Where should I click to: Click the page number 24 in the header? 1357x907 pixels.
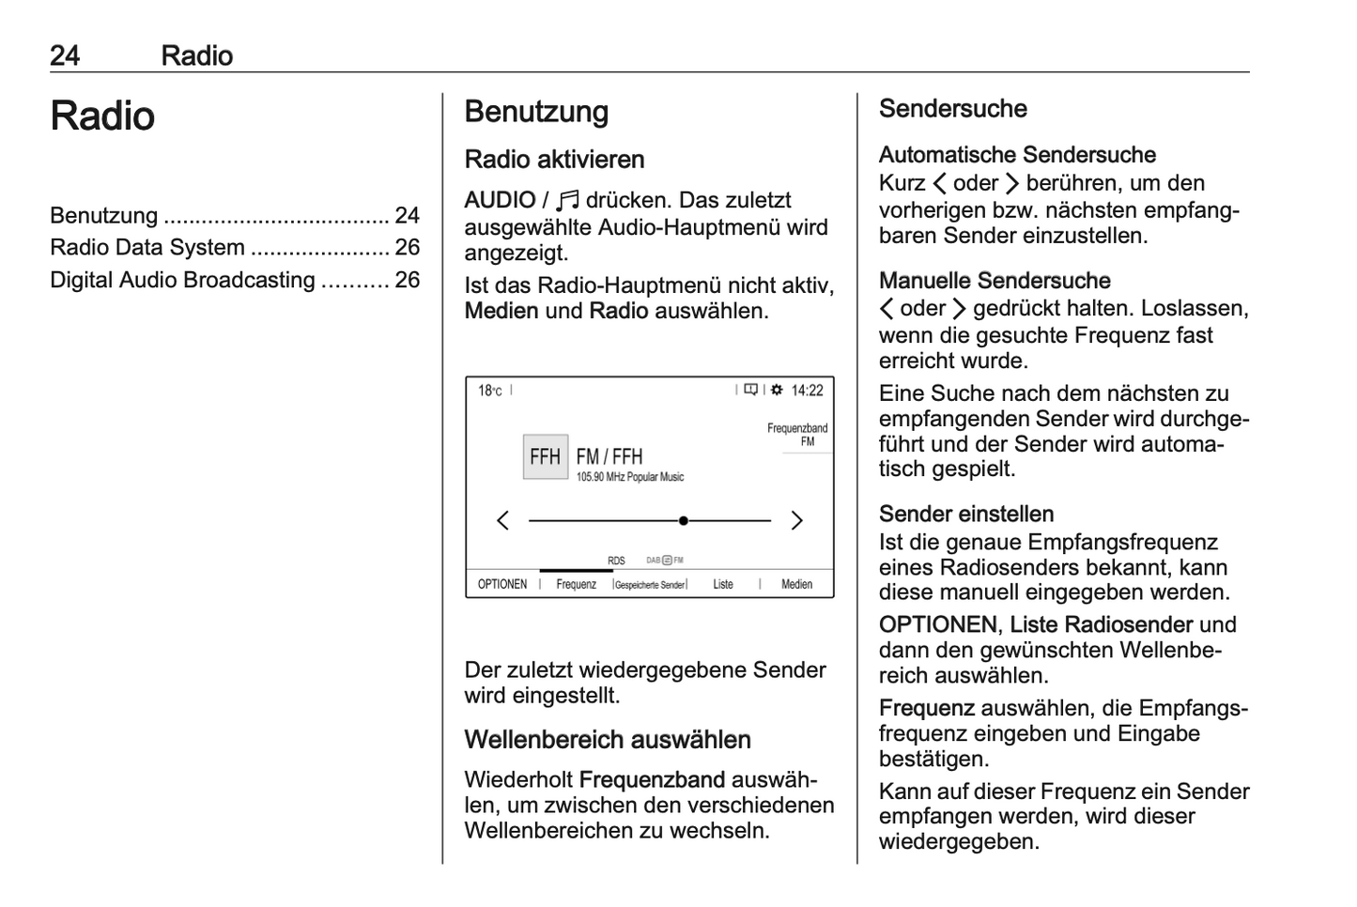(65, 55)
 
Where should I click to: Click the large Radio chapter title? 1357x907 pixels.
(102, 116)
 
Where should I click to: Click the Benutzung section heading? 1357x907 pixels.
(536, 112)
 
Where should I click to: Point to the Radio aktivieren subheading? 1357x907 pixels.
(554, 160)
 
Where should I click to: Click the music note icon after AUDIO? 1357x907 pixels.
(568, 200)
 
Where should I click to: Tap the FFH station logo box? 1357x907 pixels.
(545, 457)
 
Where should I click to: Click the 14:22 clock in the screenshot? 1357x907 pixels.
(807, 391)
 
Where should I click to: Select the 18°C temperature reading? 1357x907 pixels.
(489, 391)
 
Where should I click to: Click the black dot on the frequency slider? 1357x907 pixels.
(684, 520)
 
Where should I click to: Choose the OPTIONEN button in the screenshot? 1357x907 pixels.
(502, 584)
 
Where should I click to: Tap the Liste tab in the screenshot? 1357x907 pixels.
(723, 584)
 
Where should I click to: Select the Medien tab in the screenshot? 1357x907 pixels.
(796, 584)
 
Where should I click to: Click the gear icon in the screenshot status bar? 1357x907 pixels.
(777, 390)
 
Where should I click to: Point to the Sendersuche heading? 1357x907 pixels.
(952, 109)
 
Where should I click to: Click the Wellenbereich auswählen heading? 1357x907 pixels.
(608, 740)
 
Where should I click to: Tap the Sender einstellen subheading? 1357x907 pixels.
(966, 515)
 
